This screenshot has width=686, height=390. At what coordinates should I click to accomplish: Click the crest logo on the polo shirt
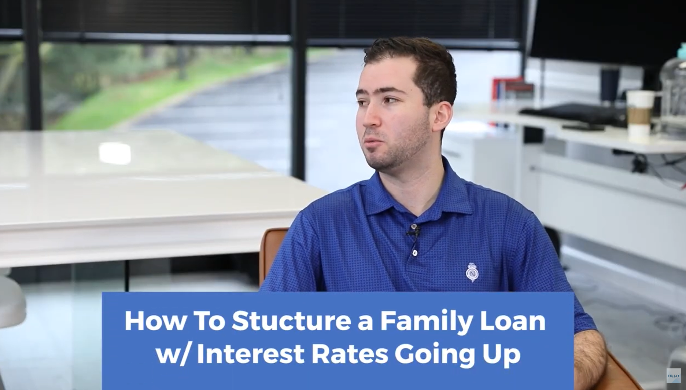click(x=472, y=272)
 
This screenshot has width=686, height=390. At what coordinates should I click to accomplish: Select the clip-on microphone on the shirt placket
click(x=414, y=231)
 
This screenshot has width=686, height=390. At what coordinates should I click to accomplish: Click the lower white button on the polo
click(x=415, y=253)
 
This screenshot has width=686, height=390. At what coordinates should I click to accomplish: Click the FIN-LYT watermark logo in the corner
click(x=673, y=376)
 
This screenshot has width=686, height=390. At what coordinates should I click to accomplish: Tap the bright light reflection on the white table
click(x=114, y=153)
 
